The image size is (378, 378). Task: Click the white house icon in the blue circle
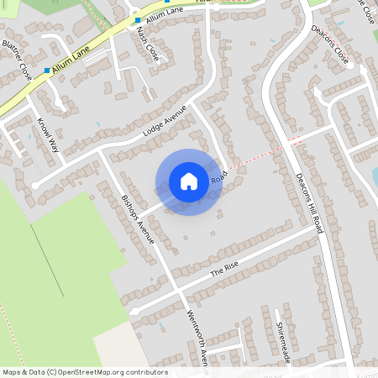pos(188,181)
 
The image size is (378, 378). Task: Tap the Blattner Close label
pos(17,60)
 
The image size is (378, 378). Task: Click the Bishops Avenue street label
pos(139,219)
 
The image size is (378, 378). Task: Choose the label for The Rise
pos(224,268)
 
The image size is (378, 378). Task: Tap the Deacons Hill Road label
pos(310,202)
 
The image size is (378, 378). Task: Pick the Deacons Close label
pos(330,44)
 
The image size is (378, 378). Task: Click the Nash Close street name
pos(147,43)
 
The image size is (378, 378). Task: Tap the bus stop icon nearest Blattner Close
pos(47,71)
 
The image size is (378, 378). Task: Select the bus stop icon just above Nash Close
pos(138,19)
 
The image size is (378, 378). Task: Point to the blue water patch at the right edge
pos(375,176)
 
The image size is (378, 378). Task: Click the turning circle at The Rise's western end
pos(134,310)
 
